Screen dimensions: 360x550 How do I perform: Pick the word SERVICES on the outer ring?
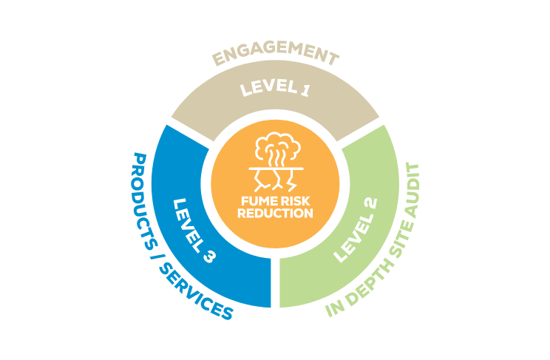tap(199, 296)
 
